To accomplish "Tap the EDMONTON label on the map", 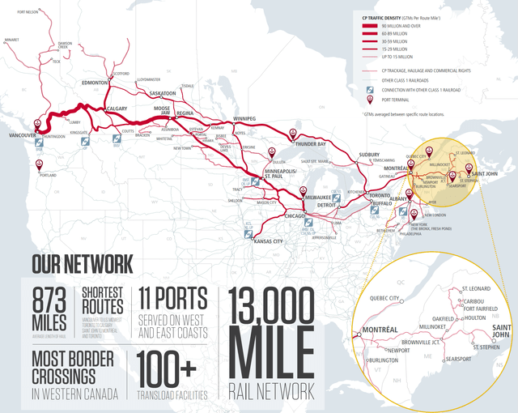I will click(x=96, y=83).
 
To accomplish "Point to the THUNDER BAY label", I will click(x=310, y=143).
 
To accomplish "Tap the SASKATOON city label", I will click(x=163, y=93).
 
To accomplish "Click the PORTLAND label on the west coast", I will click(x=48, y=174).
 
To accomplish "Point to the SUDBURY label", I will click(x=368, y=154).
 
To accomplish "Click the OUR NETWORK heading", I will click(x=83, y=264).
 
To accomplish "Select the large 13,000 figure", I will click(x=271, y=307).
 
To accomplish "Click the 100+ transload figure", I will click(x=167, y=368).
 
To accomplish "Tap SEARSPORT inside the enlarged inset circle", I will click(x=457, y=359).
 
